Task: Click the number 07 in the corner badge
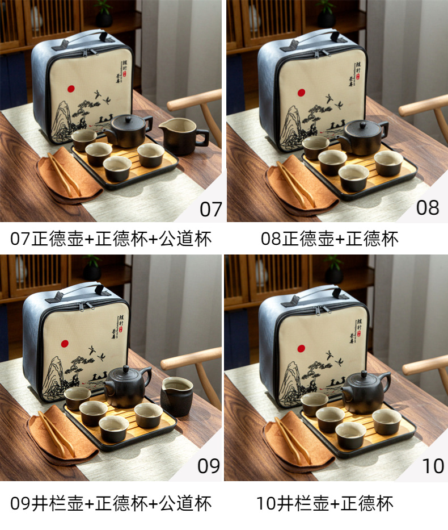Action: pyautogui.click(x=210, y=209)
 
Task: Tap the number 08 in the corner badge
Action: pyautogui.click(x=428, y=208)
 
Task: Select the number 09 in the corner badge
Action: pyautogui.click(x=209, y=466)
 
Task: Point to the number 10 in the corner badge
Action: pyautogui.click(x=433, y=466)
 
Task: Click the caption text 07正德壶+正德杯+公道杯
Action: pyautogui.click(x=111, y=239)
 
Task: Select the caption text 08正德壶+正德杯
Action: pyautogui.click(x=329, y=239)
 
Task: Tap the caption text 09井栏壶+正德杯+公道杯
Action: pyautogui.click(x=111, y=503)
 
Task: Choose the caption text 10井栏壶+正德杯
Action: pyautogui.click(x=324, y=503)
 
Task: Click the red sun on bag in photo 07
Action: pyautogui.click(x=71, y=89)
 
